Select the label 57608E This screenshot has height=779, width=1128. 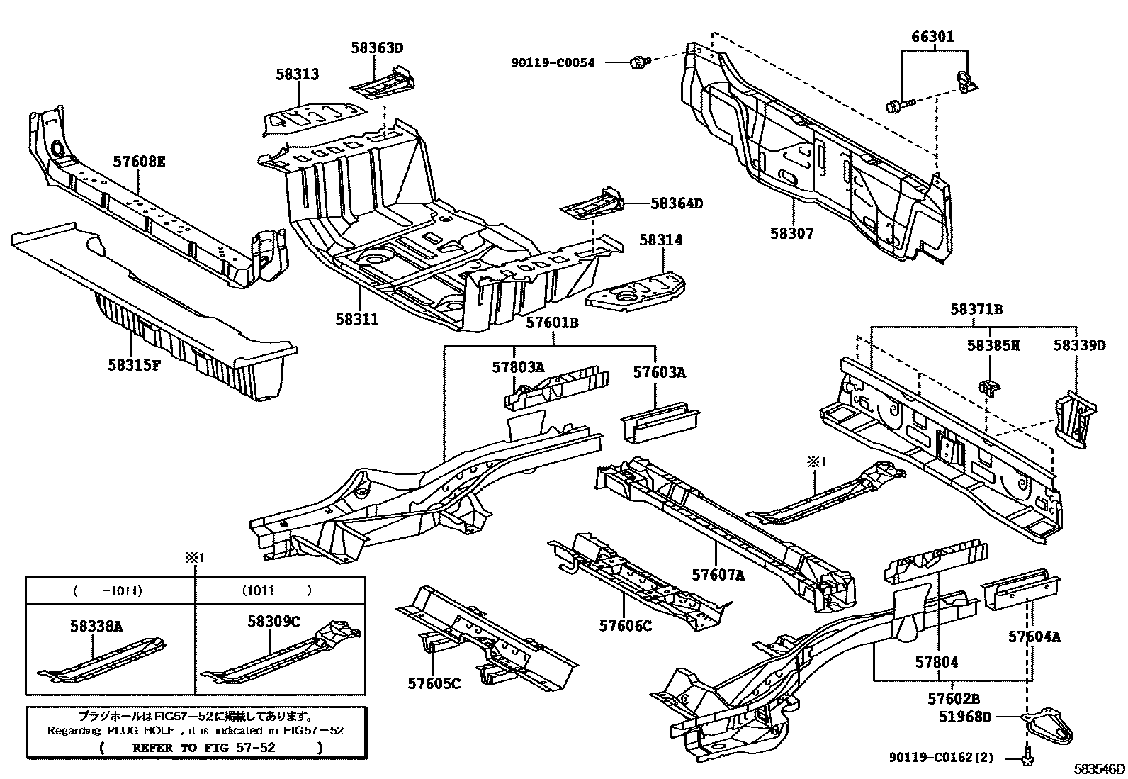click(139, 162)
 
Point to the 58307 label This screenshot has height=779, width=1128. click(792, 233)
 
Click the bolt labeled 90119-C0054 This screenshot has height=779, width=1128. click(638, 63)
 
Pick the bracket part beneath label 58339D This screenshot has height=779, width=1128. click(1076, 418)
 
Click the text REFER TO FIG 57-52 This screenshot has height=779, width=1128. click(204, 747)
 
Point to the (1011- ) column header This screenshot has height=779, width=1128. click(280, 590)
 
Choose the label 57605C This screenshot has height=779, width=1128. click(434, 683)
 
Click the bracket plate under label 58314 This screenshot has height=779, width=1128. click(636, 289)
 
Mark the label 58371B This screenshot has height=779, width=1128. click(976, 310)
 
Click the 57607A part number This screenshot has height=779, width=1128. click(718, 576)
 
